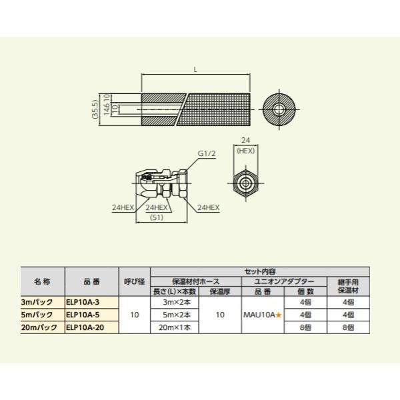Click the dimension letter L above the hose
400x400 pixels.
[197, 69]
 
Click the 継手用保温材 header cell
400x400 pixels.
[348, 286]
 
